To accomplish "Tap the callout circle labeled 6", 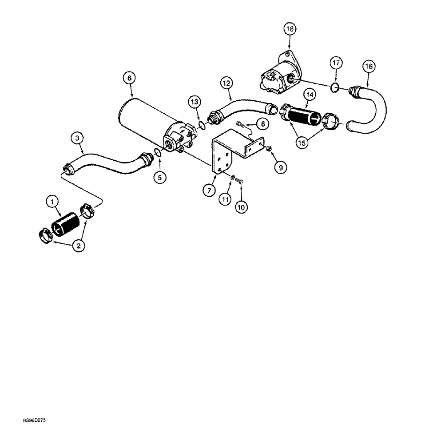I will (x=129, y=78).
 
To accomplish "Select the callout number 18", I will (x=290, y=30).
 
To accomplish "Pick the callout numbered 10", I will (x=241, y=207).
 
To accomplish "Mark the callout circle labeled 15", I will (x=302, y=143).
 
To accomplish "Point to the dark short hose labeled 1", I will (x=65, y=223).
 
